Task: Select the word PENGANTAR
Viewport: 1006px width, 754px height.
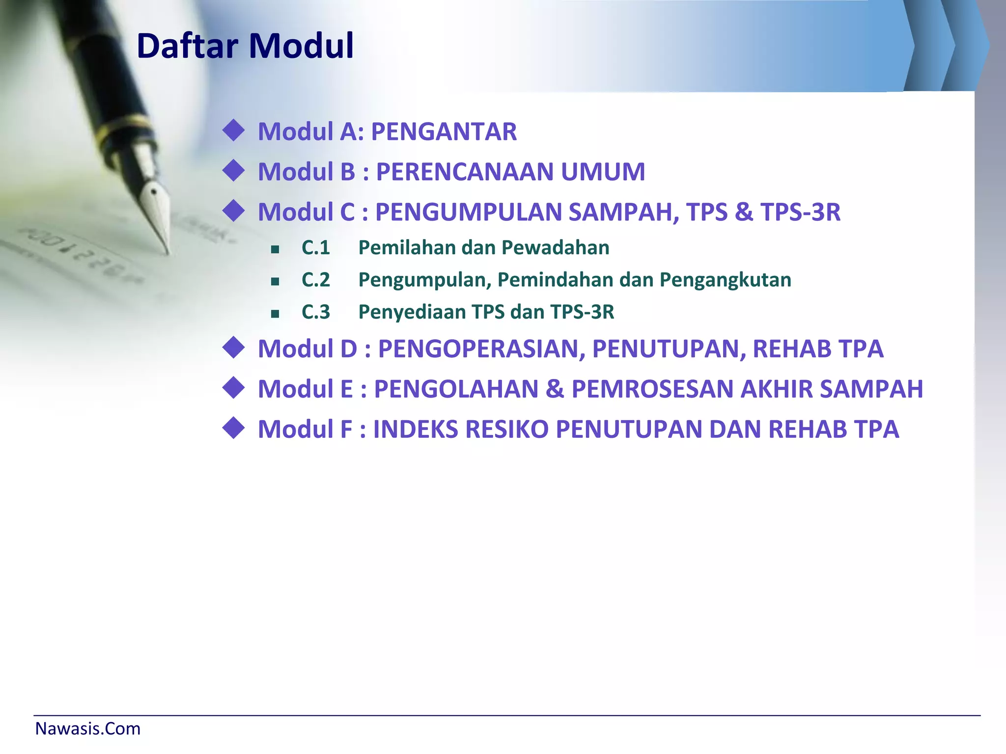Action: [444, 132]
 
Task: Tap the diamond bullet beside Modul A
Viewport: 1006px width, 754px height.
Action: [233, 131]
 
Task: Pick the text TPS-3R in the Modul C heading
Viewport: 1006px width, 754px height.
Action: [800, 212]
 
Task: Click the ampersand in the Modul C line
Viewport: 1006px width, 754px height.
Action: [744, 212]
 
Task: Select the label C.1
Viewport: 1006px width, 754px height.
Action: [315, 247]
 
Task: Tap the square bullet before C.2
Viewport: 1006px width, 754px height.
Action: [275, 281]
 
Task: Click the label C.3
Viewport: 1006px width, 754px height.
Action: [315, 312]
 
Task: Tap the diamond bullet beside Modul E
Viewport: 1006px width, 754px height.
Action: [233, 388]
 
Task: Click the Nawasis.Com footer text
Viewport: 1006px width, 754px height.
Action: [88, 729]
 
